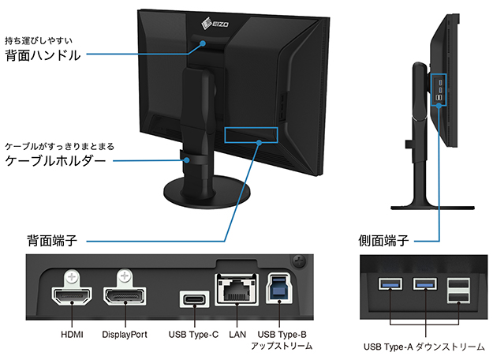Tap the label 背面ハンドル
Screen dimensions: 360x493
(43, 55)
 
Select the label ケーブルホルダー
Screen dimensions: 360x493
(55, 161)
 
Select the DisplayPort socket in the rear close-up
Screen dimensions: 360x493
(124, 297)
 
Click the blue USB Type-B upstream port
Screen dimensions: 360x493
(278, 290)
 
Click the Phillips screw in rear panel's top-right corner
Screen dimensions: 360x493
(298, 261)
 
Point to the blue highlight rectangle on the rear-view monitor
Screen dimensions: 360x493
(251, 133)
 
